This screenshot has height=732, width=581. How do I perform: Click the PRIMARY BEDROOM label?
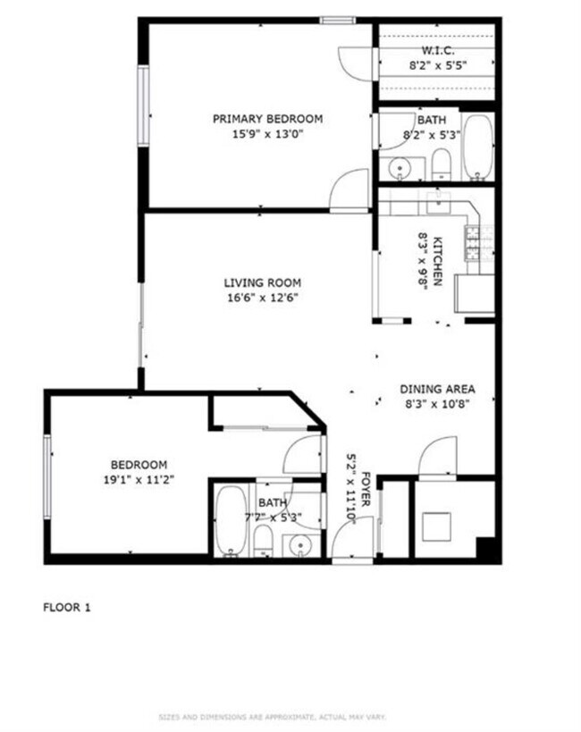[x=267, y=119]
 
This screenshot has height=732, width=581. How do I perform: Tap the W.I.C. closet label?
[x=437, y=50]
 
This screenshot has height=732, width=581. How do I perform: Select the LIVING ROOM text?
[x=261, y=283]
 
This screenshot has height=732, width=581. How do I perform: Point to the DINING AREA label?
[x=436, y=389]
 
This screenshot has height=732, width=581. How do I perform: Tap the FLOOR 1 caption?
[x=67, y=608]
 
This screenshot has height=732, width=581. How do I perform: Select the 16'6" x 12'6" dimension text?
[x=261, y=299]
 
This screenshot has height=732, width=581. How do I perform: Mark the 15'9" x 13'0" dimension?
[x=267, y=134]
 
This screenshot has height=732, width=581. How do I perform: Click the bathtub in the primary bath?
[x=478, y=147]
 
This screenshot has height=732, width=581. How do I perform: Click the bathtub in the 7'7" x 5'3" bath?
[x=230, y=522]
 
